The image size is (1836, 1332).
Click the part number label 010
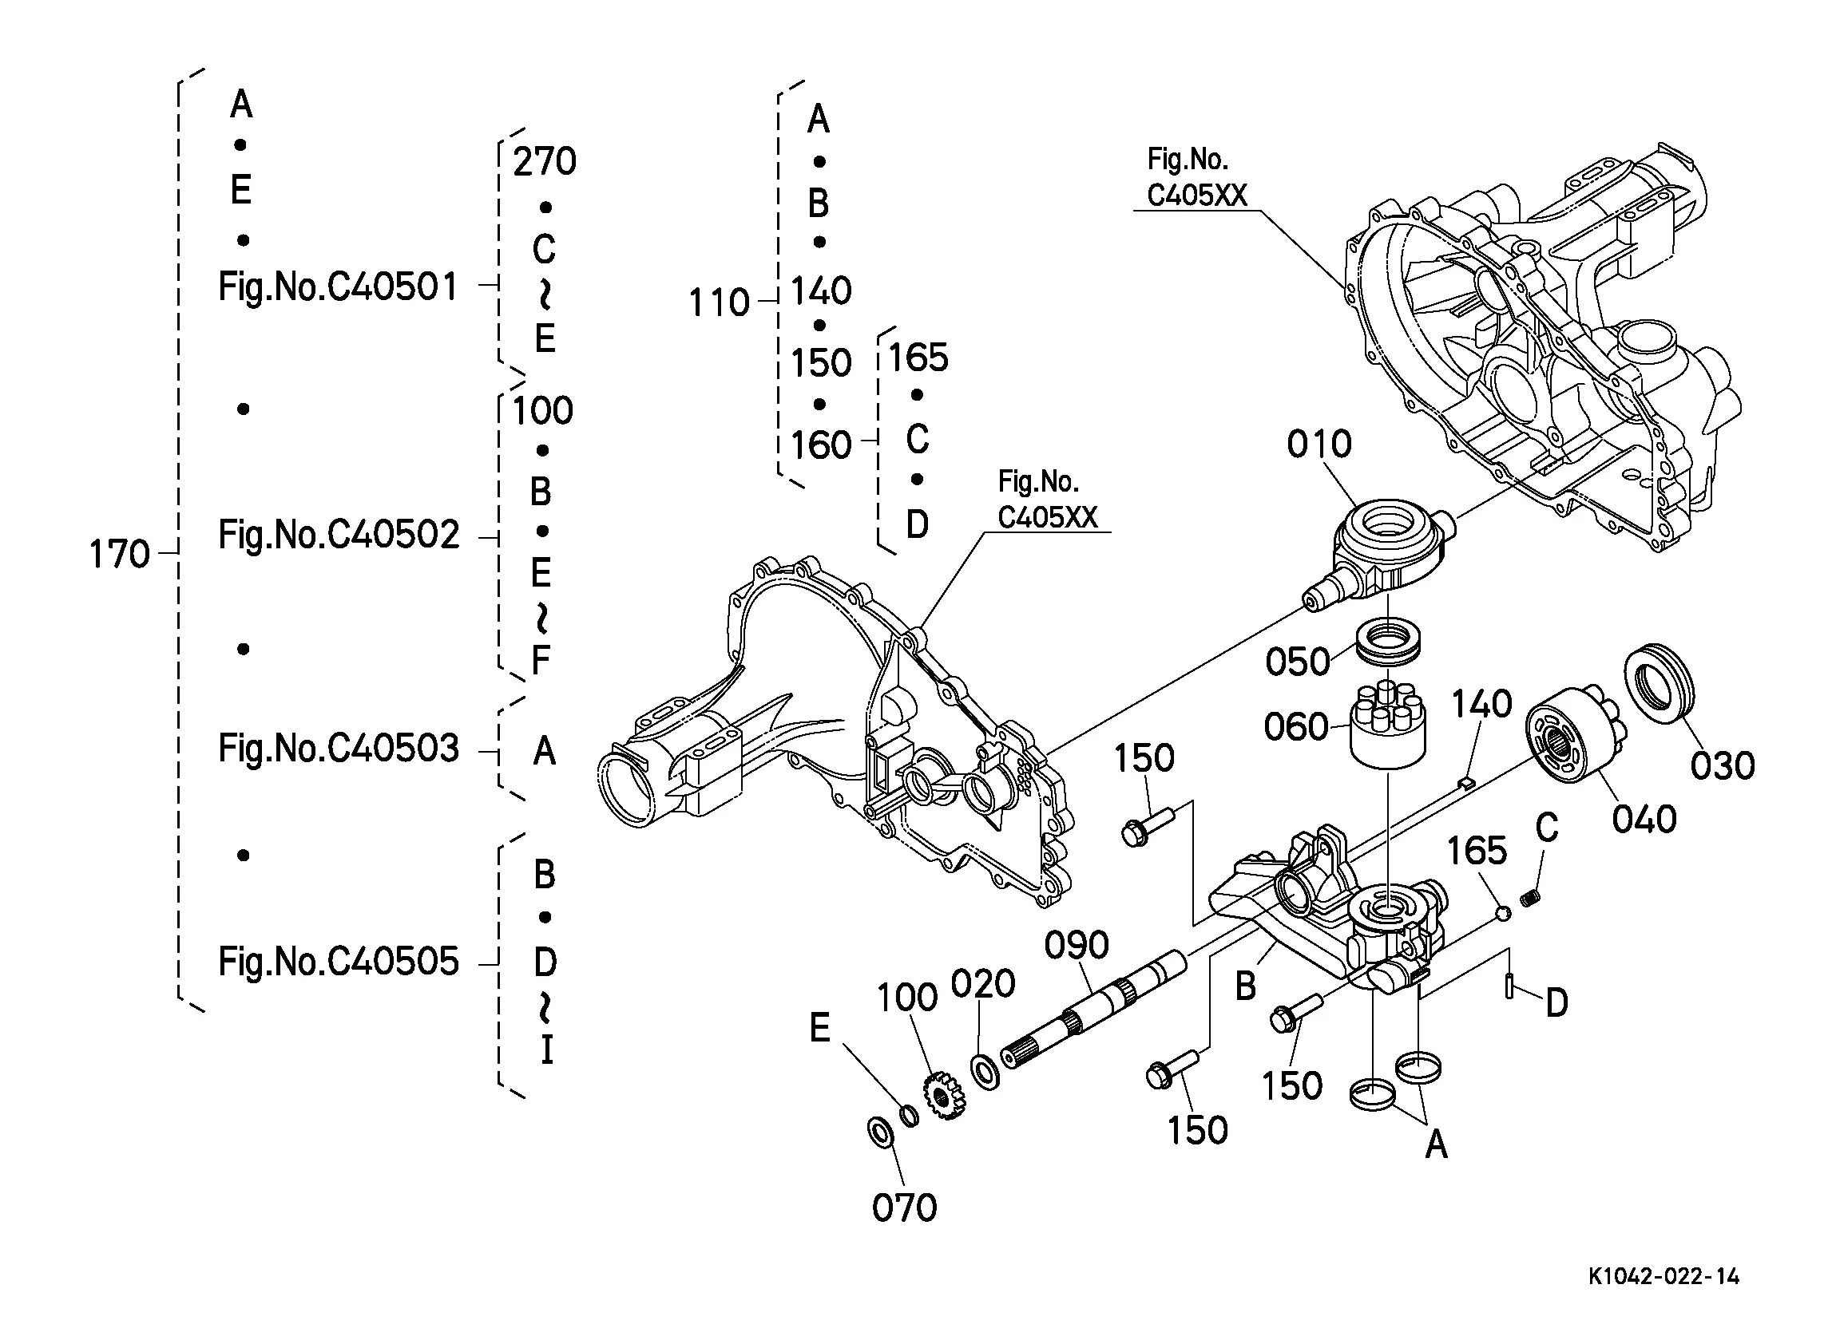1319,445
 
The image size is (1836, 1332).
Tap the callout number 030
1723,765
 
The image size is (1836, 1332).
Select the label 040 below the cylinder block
1644,820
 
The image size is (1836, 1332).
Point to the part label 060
1296,727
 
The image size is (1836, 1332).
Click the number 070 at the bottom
904,1208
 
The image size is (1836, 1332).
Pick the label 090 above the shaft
1076,945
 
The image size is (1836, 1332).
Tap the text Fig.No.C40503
339,749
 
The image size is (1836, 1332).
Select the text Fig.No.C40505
339,962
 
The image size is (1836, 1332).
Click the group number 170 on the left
119,555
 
